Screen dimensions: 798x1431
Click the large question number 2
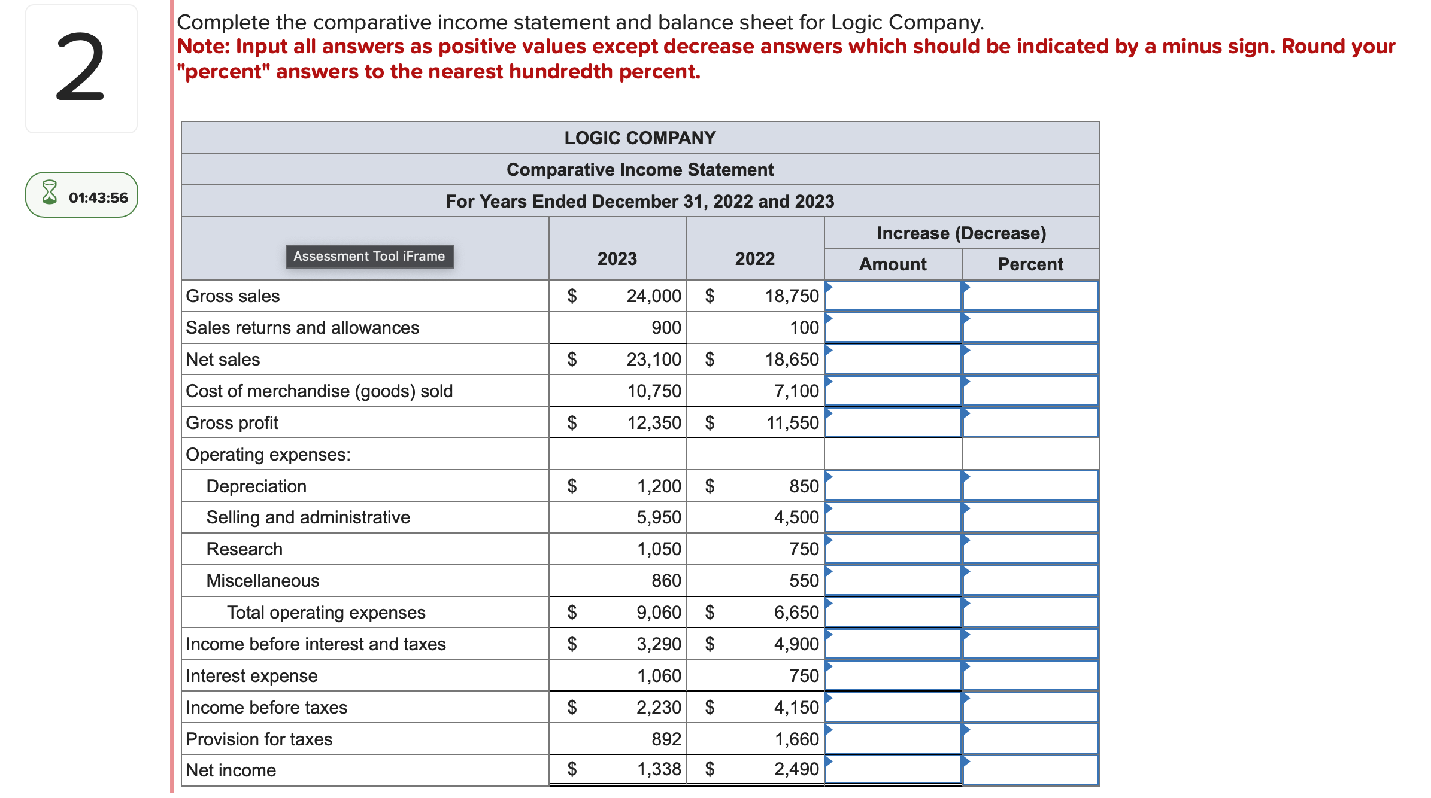click(80, 68)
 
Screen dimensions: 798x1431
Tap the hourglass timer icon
click(50, 193)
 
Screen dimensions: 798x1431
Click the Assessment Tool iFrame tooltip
click(369, 257)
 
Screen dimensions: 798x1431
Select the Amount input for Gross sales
click(893, 296)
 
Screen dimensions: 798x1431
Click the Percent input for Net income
click(1030, 770)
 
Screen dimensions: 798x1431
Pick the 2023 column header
click(617, 259)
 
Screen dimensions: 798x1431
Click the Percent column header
click(1030, 264)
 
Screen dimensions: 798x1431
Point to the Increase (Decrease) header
click(961, 233)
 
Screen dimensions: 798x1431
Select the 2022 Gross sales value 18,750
click(791, 296)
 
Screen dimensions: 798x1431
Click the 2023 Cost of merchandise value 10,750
click(654, 391)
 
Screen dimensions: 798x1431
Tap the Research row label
click(244, 549)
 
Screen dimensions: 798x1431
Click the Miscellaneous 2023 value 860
click(666, 581)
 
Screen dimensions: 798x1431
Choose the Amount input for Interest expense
click(893, 676)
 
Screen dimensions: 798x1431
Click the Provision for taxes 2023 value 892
click(666, 739)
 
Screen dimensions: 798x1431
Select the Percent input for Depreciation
click(1030, 486)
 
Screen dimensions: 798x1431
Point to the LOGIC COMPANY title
click(639, 138)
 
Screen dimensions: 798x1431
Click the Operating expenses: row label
click(268, 455)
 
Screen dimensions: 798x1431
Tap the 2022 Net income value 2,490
click(796, 769)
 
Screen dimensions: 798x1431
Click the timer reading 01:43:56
click(98, 198)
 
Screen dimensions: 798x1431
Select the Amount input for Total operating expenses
click(893, 613)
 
